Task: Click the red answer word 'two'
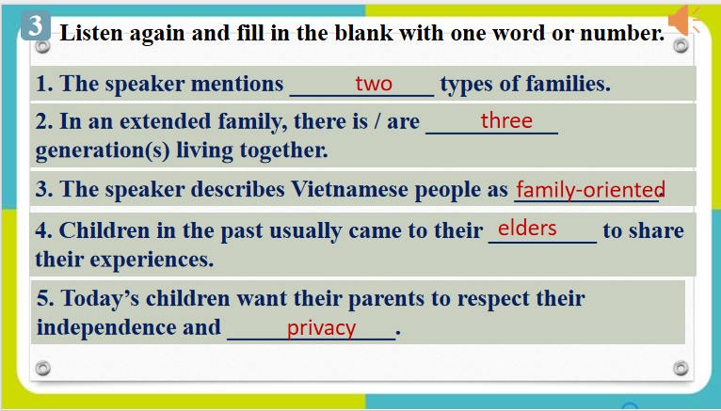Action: [374, 84]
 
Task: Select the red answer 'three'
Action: [506, 120]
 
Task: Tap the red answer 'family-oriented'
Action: [590, 189]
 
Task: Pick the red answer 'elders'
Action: [527, 228]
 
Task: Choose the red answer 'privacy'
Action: [322, 328]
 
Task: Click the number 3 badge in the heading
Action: [36, 26]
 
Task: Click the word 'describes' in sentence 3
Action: [240, 189]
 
